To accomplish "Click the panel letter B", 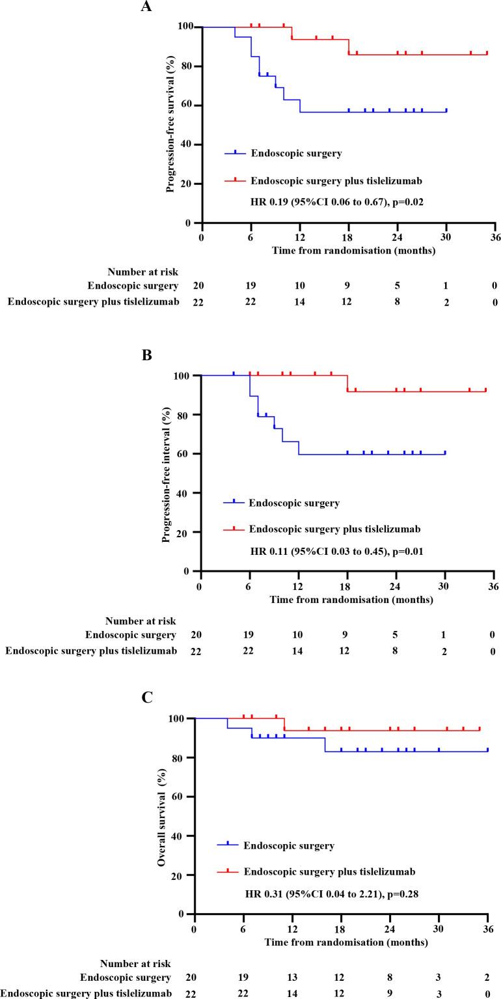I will [146, 355].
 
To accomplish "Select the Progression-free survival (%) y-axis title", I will [170, 124].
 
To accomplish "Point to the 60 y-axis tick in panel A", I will [189, 105].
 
